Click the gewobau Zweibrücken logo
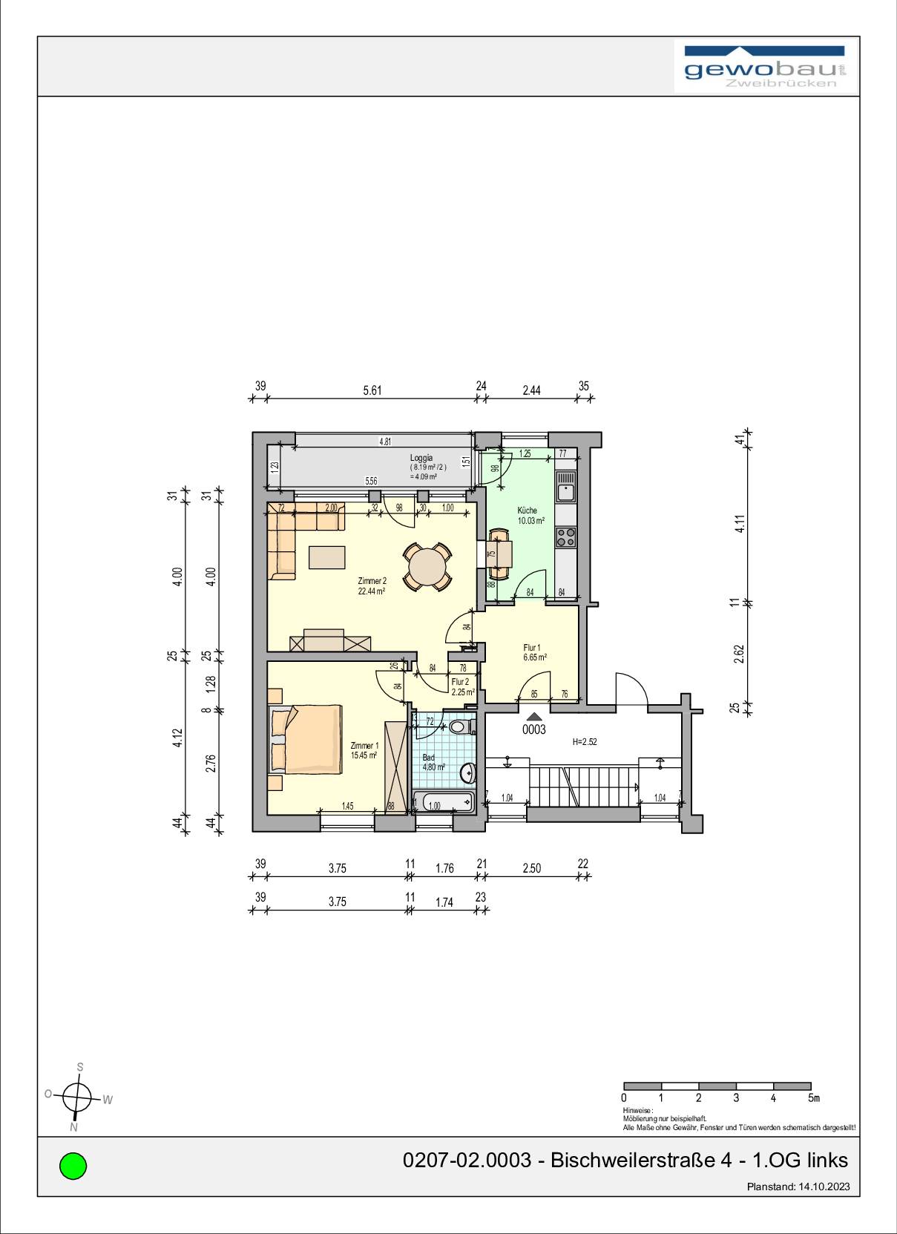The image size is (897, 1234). point(765,68)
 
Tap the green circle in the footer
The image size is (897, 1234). point(73,1165)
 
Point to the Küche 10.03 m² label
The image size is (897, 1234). point(530,516)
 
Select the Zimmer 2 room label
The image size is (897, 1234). point(372,586)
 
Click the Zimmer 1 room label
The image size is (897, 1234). point(364,750)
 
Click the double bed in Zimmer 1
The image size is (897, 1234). point(306,739)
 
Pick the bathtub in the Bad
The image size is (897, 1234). point(443,803)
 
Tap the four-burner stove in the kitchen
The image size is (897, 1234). point(566,536)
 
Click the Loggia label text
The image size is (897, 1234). point(421,458)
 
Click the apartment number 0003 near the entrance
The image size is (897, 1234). point(533,729)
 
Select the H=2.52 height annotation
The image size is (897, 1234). point(584,741)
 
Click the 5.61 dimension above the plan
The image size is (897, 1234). point(372,390)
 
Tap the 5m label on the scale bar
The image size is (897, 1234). point(813,1098)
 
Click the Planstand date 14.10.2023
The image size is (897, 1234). point(824,1187)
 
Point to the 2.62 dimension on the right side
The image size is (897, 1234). point(739,654)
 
